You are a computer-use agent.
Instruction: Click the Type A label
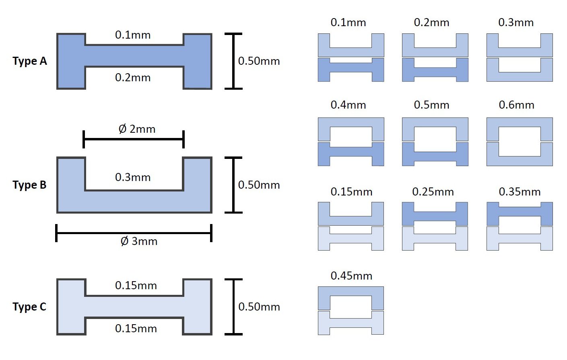(30, 61)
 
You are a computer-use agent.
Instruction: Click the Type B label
(29, 185)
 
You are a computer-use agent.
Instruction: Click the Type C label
(29, 307)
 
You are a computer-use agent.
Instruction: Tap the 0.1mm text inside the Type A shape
(133, 35)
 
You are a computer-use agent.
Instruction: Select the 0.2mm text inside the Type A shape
(133, 78)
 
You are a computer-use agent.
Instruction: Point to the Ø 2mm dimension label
(137, 129)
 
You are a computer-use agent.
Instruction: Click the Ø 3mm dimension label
(139, 241)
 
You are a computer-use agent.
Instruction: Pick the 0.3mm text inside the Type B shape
(133, 177)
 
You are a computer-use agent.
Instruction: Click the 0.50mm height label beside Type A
(259, 61)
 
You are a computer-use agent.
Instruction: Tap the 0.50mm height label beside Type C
(259, 307)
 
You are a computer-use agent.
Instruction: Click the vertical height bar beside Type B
(233, 185)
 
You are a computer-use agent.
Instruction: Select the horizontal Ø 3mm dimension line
(134, 233)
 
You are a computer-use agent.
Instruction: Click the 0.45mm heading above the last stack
(351, 276)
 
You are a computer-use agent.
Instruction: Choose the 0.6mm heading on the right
(516, 105)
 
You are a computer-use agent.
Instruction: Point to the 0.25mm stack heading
(433, 192)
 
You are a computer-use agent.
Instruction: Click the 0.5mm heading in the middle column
(431, 105)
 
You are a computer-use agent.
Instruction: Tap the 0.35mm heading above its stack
(520, 192)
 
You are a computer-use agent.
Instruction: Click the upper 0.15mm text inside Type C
(136, 286)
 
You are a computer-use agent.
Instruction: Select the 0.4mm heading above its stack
(348, 105)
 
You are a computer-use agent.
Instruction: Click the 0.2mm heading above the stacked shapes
(431, 23)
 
